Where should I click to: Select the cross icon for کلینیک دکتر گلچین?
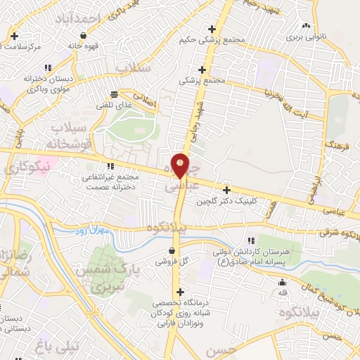226,190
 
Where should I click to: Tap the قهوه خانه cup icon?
84,35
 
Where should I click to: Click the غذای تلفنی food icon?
114,94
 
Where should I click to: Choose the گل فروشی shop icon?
172,250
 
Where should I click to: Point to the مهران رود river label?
92,231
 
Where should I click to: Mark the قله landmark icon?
283,282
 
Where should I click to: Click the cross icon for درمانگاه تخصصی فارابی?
181,292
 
